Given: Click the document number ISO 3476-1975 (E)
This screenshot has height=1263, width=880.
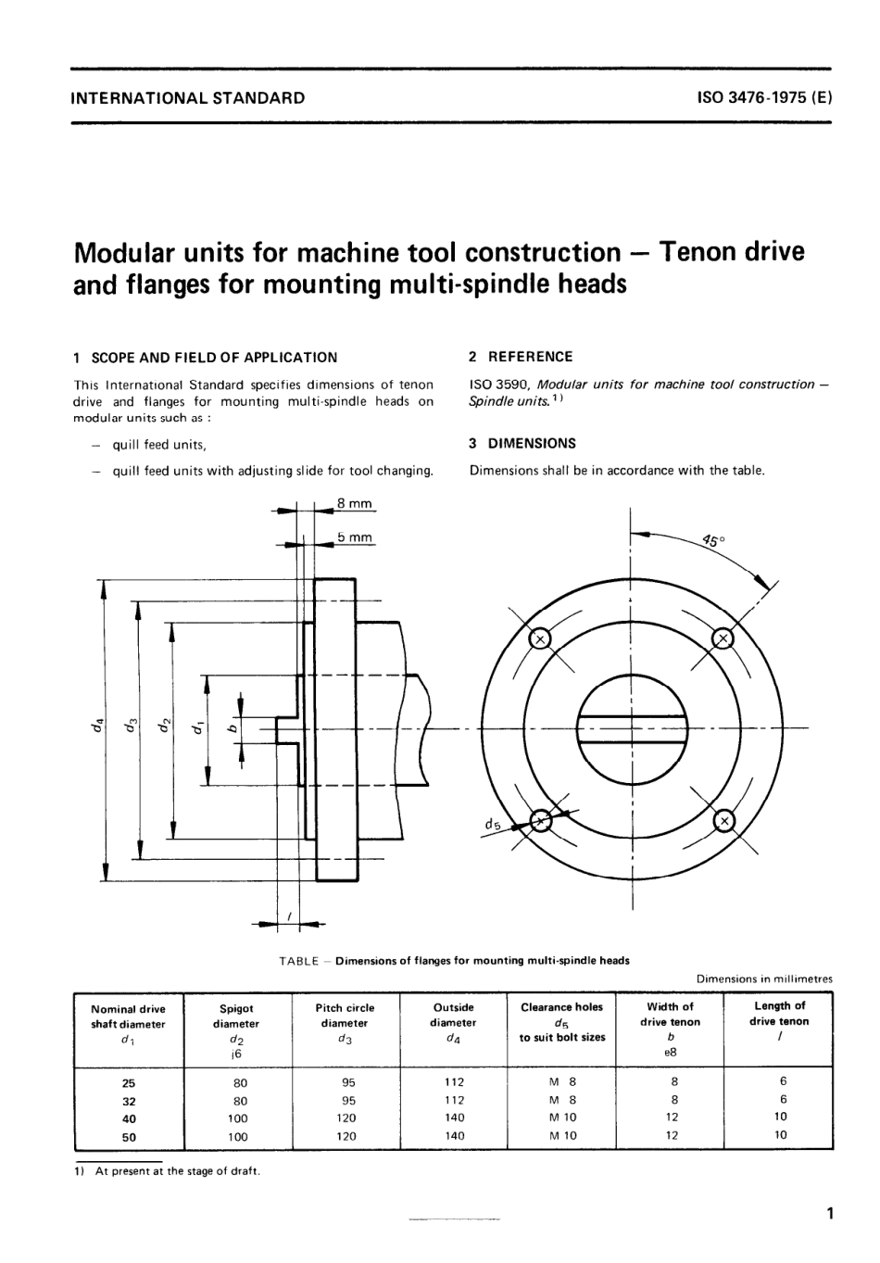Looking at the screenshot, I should point(764,96).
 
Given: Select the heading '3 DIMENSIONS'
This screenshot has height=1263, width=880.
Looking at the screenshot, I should point(522,443).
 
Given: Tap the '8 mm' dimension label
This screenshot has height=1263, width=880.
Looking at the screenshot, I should point(354,503).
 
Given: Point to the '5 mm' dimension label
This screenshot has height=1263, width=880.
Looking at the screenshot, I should point(354,537).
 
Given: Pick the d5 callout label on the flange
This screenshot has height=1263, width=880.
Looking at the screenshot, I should point(491,824).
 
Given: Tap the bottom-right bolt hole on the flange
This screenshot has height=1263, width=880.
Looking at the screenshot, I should point(723,821).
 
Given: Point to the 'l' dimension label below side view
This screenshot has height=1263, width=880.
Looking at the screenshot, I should point(289,916).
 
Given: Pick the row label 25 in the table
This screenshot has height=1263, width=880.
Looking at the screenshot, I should point(129,1082).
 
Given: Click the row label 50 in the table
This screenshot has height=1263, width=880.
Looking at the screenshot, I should point(129,1136).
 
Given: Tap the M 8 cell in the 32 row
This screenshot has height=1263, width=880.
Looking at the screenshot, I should point(562,1100).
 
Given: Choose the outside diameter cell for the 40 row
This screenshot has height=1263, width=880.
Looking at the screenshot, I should point(454,1118).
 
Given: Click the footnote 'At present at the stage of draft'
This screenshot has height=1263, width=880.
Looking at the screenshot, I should point(177,1170).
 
